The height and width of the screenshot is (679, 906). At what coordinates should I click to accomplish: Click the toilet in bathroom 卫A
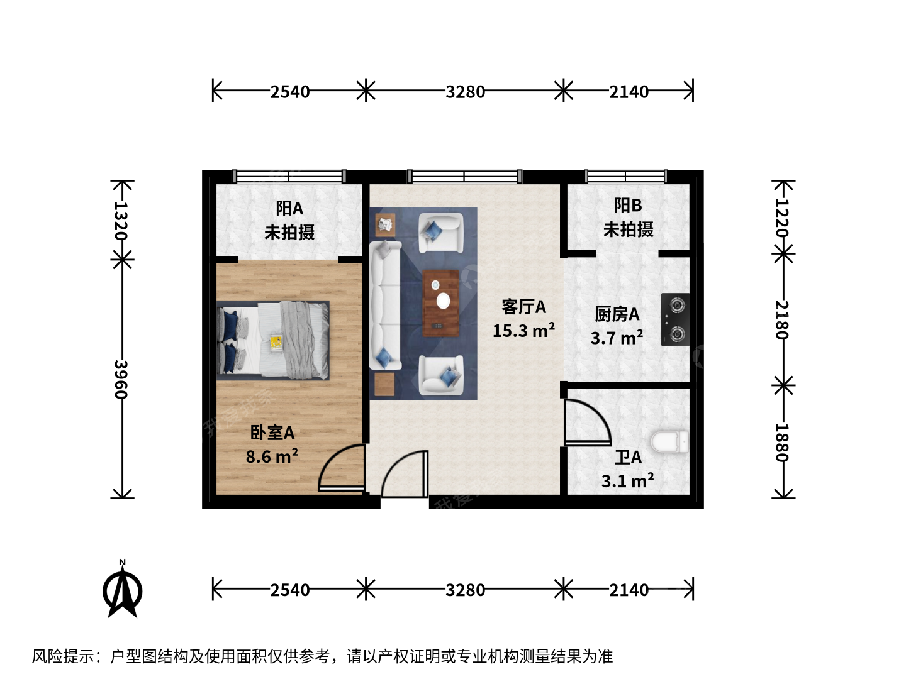(x=669, y=441)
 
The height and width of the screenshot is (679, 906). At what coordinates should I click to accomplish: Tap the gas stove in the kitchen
(x=675, y=319)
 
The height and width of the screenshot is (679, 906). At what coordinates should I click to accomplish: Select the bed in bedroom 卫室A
(x=273, y=340)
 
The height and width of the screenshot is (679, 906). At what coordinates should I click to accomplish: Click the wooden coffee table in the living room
(x=441, y=303)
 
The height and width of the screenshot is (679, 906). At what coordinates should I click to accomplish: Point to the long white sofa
(x=385, y=305)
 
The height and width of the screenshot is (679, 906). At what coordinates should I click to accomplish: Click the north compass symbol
(x=122, y=590)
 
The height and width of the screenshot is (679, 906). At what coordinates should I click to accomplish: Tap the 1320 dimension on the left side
(x=121, y=221)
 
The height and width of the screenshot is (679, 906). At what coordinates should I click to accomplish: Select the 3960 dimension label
(x=121, y=379)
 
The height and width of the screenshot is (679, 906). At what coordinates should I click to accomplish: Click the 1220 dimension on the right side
(x=781, y=218)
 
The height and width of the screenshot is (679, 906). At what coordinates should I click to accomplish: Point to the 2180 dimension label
(x=781, y=320)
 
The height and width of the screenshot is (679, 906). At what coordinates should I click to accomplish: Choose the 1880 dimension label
(x=781, y=443)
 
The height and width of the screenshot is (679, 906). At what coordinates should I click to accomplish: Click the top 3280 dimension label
(x=465, y=92)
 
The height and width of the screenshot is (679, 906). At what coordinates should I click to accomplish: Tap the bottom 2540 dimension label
(x=290, y=590)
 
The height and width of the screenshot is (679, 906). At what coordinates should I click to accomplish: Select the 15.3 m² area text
(x=523, y=330)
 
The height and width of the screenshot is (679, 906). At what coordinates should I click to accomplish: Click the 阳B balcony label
(x=628, y=206)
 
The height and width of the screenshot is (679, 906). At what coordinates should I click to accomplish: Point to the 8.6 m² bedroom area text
(x=272, y=456)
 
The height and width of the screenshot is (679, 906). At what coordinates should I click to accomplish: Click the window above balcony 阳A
(x=289, y=177)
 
